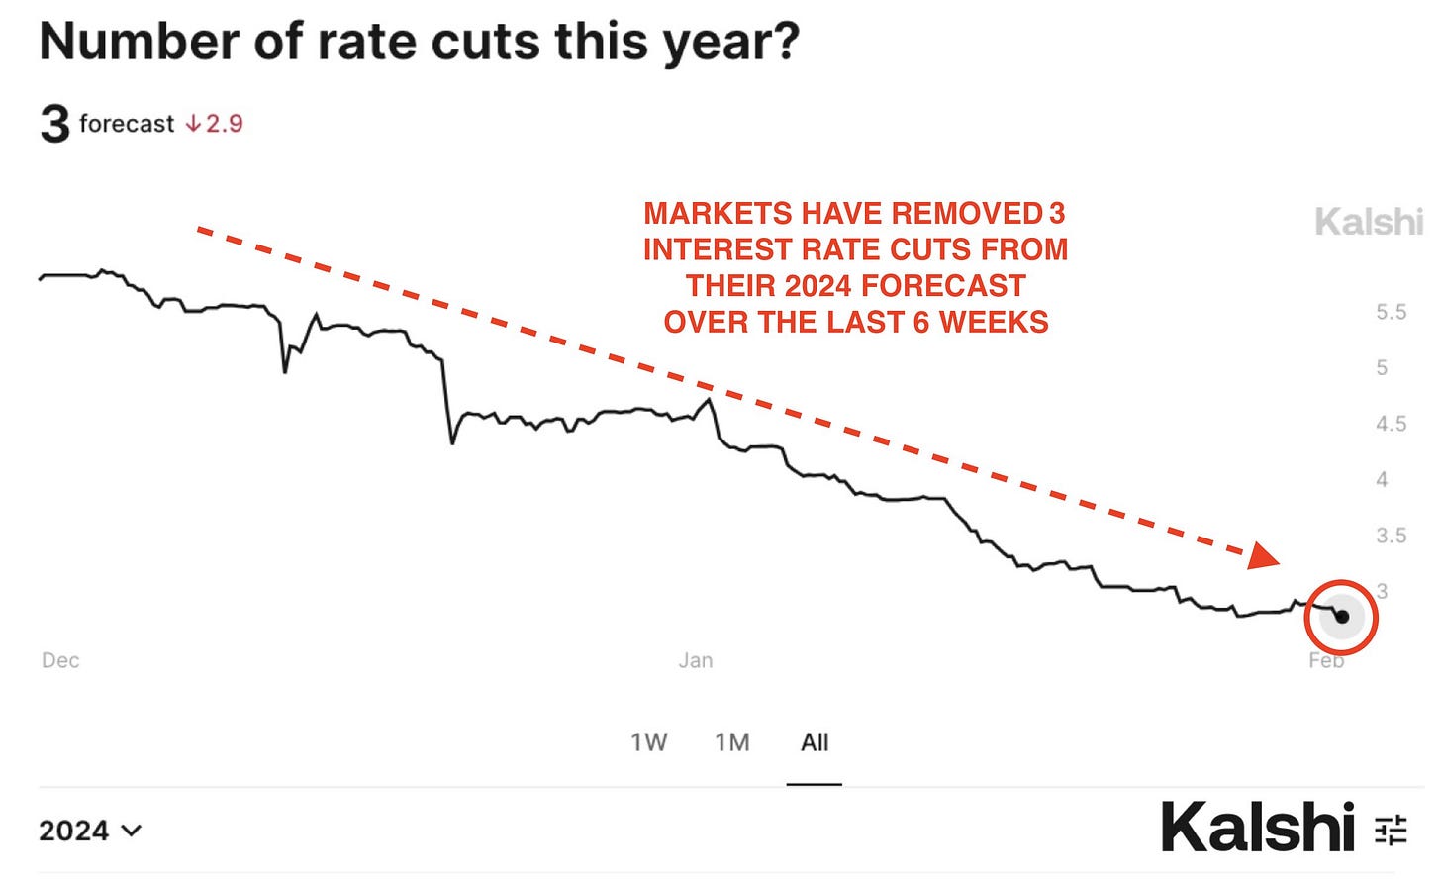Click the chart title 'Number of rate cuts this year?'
pyautogui.click(x=419, y=43)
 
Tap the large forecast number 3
pyautogui.click(x=54, y=124)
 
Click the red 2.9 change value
pyautogui.click(x=224, y=124)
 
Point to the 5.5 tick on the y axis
pyautogui.click(x=1391, y=312)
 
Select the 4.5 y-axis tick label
pyautogui.click(x=1391, y=424)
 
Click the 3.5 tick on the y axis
pyautogui.click(x=1391, y=536)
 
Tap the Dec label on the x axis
pyautogui.click(x=60, y=660)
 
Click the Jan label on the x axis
pyautogui.click(x=696, y=660)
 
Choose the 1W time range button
pyautogui.click(x=649, y=742)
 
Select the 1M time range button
pyautogui.click(x=732, y=742)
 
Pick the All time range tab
pyautogui.click(x=815, y=742)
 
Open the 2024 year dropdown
pyautogui.click(x=90, y=831)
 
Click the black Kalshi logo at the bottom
pyautogui.click(x=1257, y=828)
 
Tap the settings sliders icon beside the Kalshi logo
pyautogui.click(x=1391, y=830)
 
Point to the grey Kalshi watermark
pyautogui.click(x=1368, y=222)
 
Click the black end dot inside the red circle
pyautogui.click(x=1342, y=617)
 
